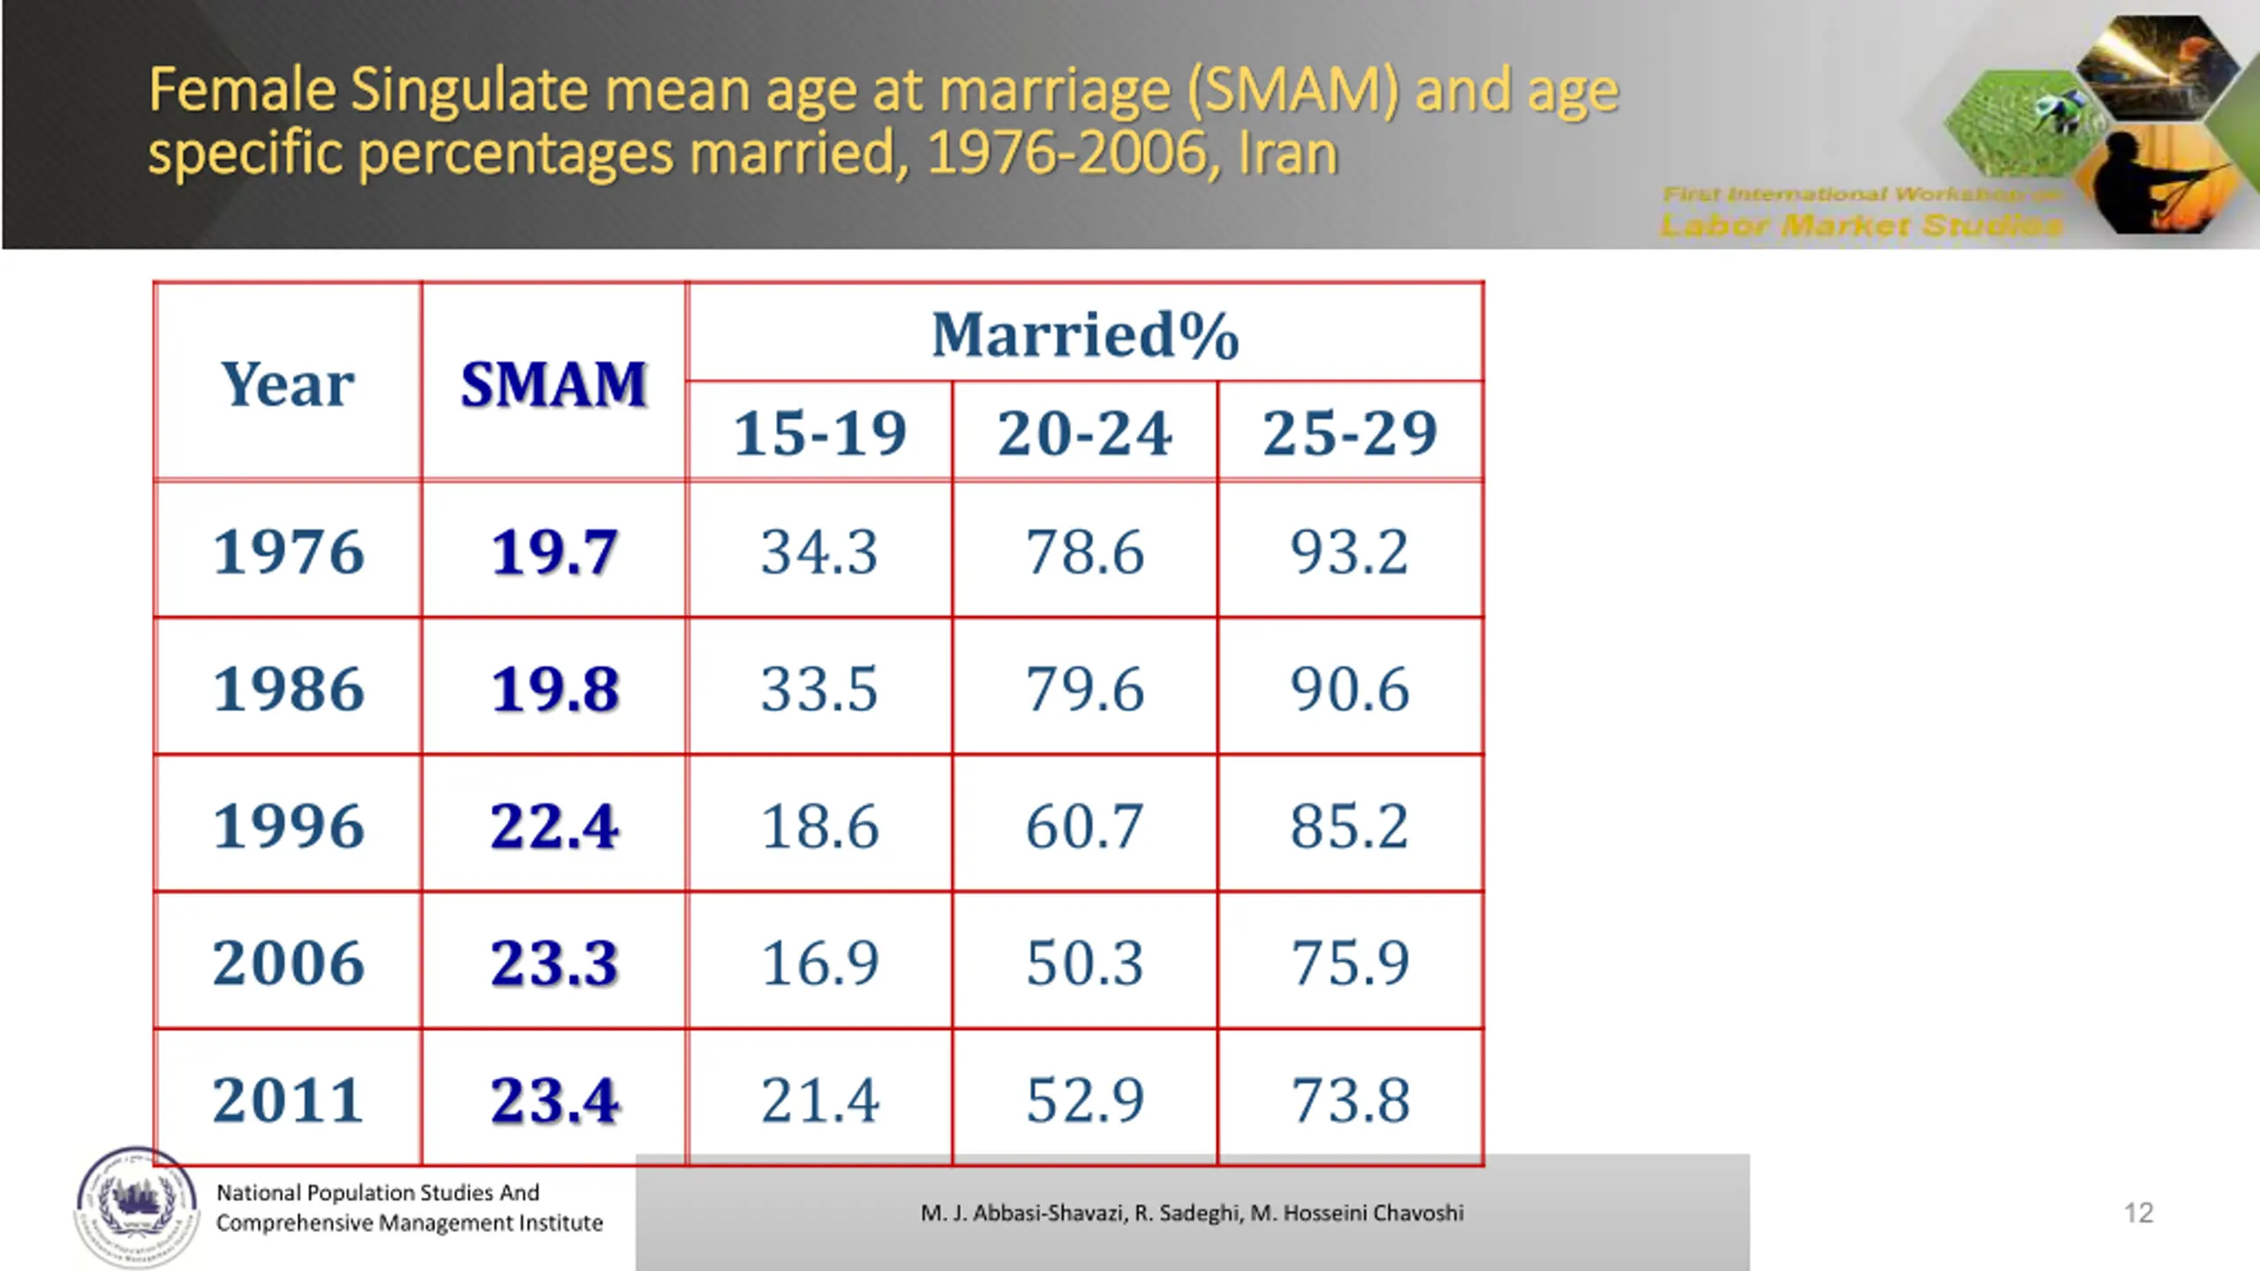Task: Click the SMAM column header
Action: (554, 385)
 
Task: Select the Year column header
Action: (288, 385)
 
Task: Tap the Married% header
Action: (1085, 335)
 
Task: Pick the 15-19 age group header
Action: (820, 433)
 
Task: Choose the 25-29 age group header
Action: (1350, 433)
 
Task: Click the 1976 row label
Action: (288, 552)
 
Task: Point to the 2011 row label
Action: (288, 1100)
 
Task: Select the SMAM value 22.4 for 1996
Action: (554, 826)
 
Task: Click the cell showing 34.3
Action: (820, 552)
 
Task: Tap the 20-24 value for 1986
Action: (1085, 688)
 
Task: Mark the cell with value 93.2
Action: (1350, 552)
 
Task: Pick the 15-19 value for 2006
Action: (820, 962)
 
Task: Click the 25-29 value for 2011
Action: (1350, 1100)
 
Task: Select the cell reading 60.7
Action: (1085, 826)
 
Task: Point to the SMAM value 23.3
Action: (554, 962)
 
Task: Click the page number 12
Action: (2138, 1213)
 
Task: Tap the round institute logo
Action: (136, 1206)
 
